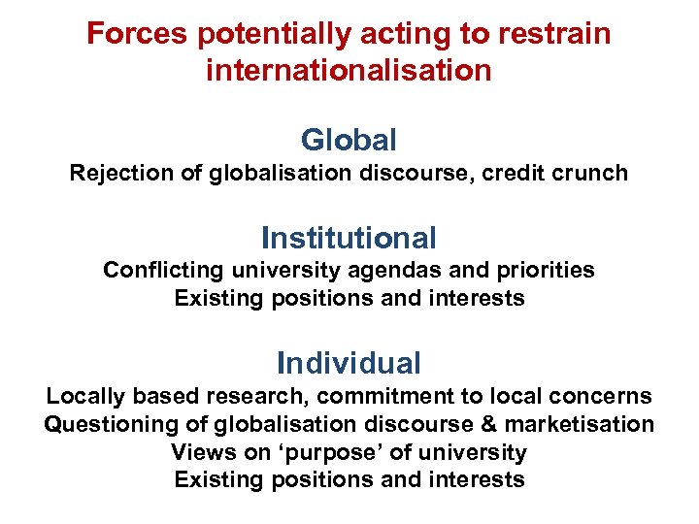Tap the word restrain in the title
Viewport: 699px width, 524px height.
click(x=556, y=34)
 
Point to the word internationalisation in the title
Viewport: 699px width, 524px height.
click(x=349, y=71)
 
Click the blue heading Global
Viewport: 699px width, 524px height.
click(x=349, y=140)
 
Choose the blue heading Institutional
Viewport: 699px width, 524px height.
click(x=349, y=237)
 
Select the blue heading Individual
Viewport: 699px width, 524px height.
click(x=349, y=363)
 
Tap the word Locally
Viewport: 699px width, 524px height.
click(x=84, y=397)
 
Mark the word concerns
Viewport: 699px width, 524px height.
click(x=606, y=397)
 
